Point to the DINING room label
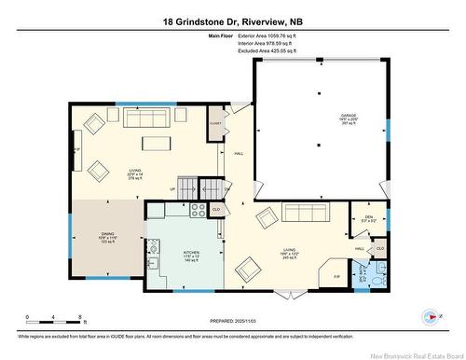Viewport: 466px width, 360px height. (108, 236)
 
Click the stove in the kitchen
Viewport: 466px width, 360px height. (199, 211)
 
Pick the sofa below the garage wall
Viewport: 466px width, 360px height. (305, 213)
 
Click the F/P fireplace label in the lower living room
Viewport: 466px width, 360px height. (336, 277)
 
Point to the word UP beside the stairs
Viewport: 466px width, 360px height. (171, 190)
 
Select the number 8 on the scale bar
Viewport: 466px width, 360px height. (81, 318)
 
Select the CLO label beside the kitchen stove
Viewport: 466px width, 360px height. (216, 210)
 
